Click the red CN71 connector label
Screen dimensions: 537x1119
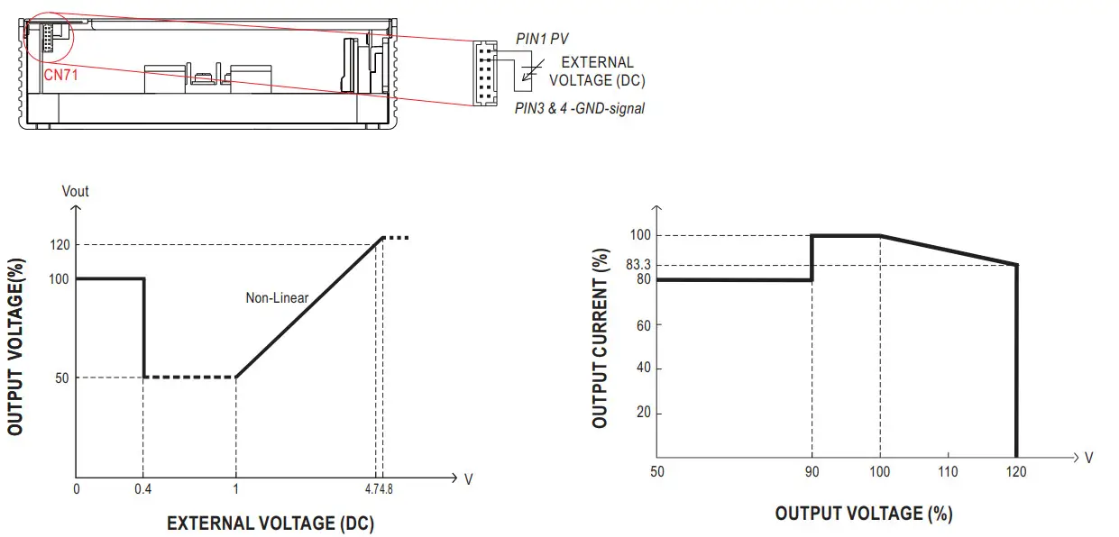coord(61,75)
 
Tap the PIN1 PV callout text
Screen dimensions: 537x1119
coord(542,38)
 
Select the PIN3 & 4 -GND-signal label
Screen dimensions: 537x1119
coord(580,108)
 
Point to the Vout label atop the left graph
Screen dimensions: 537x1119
coord(76,191)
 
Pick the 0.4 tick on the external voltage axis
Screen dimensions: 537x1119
coord(143,488)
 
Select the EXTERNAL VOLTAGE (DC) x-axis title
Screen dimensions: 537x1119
coord(271,523)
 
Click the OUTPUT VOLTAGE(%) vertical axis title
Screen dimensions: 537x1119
coord(15,347)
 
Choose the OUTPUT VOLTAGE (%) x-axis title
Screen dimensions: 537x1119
coord(863,514)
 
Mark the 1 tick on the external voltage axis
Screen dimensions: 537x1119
coord(235,488)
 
